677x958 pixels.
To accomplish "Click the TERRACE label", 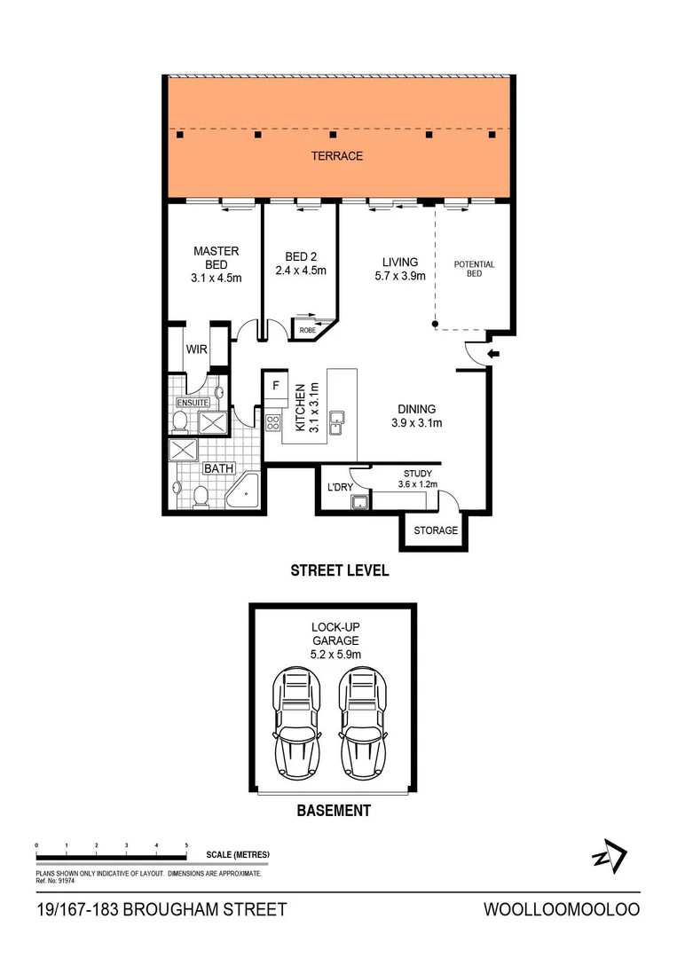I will tap(336, 156).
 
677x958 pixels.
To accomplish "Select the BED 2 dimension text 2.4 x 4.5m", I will tap(302, 271).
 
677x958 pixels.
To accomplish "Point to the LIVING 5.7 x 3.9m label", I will tap(399, 269).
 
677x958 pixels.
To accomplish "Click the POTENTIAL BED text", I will tap(475, 269).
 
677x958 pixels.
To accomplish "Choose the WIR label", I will tap(196, 349).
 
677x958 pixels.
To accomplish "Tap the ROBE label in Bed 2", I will tap(307, 331).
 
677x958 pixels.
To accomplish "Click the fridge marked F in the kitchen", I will tap(276, 386).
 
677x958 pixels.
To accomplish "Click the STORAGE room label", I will tap(436, 530).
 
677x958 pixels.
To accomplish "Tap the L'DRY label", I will tap(341, 488).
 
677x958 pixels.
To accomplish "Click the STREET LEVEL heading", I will tap(340, 571).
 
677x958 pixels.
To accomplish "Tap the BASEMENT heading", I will tap(334, 811).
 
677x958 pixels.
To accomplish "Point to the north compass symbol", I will tap(610, 856).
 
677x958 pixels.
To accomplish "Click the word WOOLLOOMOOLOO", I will tap(561, 910).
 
